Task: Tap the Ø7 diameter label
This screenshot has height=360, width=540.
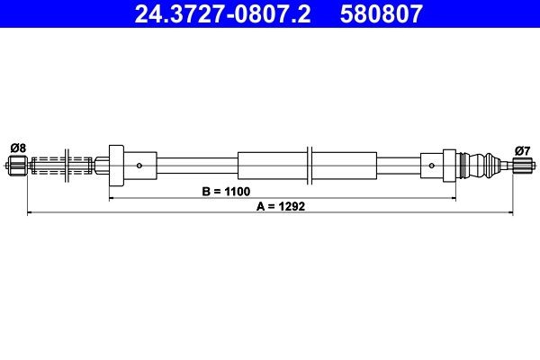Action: coord(522,148)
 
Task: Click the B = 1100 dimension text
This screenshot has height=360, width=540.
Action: coord(226,192)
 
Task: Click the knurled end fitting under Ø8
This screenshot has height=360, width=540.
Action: coord(17,166)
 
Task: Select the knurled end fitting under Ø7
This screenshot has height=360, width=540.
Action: coord(522,166)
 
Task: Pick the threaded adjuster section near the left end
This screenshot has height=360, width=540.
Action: coord(63,166)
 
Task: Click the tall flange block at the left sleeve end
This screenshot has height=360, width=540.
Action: coord(115,166)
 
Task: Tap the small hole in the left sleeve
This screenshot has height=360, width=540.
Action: coord(139,166)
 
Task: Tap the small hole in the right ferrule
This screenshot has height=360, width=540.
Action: coord(433,166)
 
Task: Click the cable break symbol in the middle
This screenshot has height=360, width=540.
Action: coord(309,166)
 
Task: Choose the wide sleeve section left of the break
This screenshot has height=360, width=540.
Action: coord(272,166)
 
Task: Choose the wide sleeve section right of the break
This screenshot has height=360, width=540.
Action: coord(344,166)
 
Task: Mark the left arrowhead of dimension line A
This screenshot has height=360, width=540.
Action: coord(31,213)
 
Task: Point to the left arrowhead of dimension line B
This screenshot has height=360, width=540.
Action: coord(112,197)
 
